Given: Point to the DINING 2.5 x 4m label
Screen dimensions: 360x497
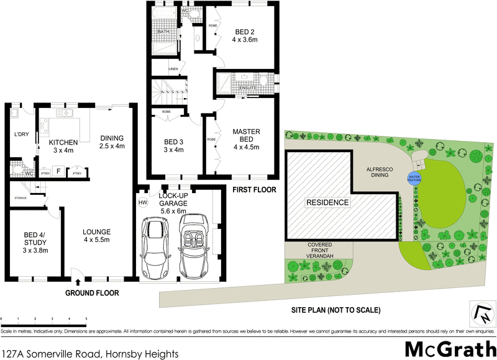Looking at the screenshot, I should pos(112,142).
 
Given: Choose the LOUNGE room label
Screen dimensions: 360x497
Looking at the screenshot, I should pos(97,236).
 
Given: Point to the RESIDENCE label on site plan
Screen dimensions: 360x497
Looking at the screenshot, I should pos(327,202).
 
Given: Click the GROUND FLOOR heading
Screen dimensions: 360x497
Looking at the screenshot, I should pos(93,293).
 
